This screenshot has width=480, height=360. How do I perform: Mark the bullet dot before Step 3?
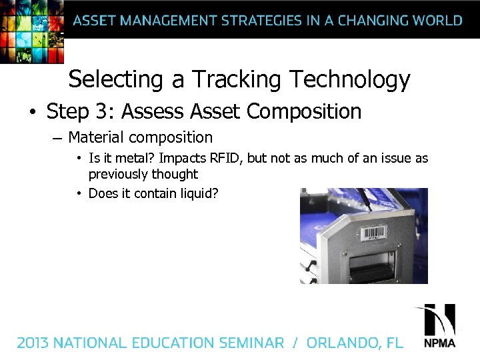pos(33,112)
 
